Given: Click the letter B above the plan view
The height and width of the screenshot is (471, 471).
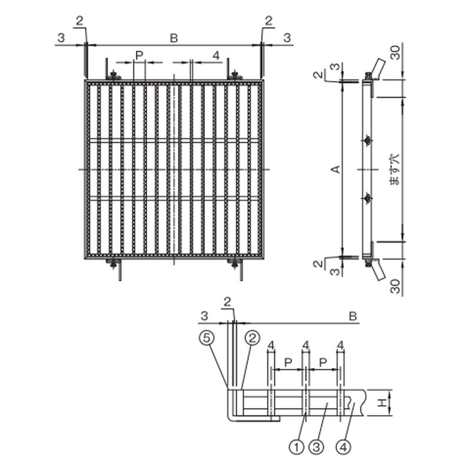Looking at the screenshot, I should (174, 38).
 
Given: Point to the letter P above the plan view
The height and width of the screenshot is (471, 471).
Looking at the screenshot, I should (139, 55).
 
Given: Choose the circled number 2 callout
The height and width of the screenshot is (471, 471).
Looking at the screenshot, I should (253, 337).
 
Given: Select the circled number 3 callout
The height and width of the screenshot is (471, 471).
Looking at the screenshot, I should (317, 447).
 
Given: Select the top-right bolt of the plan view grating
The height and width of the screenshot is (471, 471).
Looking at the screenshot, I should (235, 76).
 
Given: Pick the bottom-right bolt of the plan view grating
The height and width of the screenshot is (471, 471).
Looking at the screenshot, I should (235, 263).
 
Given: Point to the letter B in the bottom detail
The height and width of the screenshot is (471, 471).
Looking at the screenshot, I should (353, 317).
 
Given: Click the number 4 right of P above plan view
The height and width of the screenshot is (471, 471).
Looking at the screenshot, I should (216, 55).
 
